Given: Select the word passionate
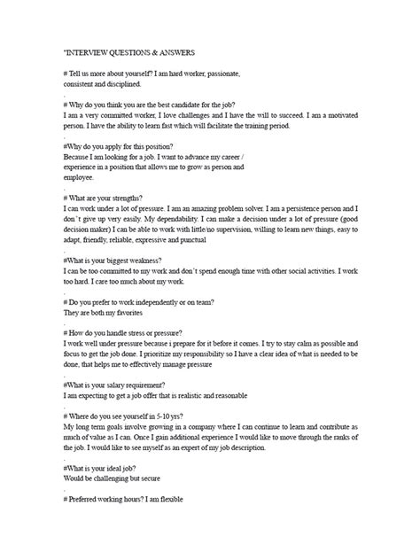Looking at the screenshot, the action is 222,72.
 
